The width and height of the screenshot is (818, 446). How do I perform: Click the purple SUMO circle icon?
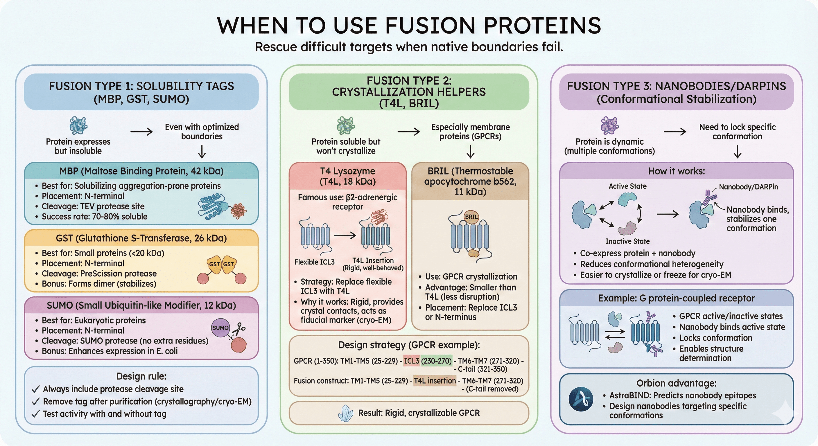click(x=220, y=328)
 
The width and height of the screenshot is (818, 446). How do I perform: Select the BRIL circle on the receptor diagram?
click(x=471, y=217)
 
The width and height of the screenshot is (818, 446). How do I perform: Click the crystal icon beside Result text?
click(x=346, y=413)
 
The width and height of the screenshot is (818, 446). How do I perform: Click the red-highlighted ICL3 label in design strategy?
click(x=412, y=361)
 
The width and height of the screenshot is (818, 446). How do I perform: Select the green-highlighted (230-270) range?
click(x=436, y=361)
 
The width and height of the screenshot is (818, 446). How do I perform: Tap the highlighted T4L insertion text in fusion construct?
click(x=435, y=381)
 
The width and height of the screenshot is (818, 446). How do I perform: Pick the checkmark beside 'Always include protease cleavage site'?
click(x=35, y=389)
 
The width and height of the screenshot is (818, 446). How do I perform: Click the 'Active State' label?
click(x=627, y=186)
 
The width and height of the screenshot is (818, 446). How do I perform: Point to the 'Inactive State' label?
click(x=627, y=241)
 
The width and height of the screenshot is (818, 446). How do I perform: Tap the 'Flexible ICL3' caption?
click(x=314, y=262)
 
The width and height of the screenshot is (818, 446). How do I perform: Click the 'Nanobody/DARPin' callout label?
click(x=748, y=187)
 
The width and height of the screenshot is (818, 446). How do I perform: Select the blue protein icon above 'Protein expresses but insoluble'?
click(x=78, y=125)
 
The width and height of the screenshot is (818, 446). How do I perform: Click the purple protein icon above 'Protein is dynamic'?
click(x=609, y=125)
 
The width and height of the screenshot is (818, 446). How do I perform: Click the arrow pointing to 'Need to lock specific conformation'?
click(x=675, y=132)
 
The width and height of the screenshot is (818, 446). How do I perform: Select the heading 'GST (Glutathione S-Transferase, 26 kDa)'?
click(x=141, y=238)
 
